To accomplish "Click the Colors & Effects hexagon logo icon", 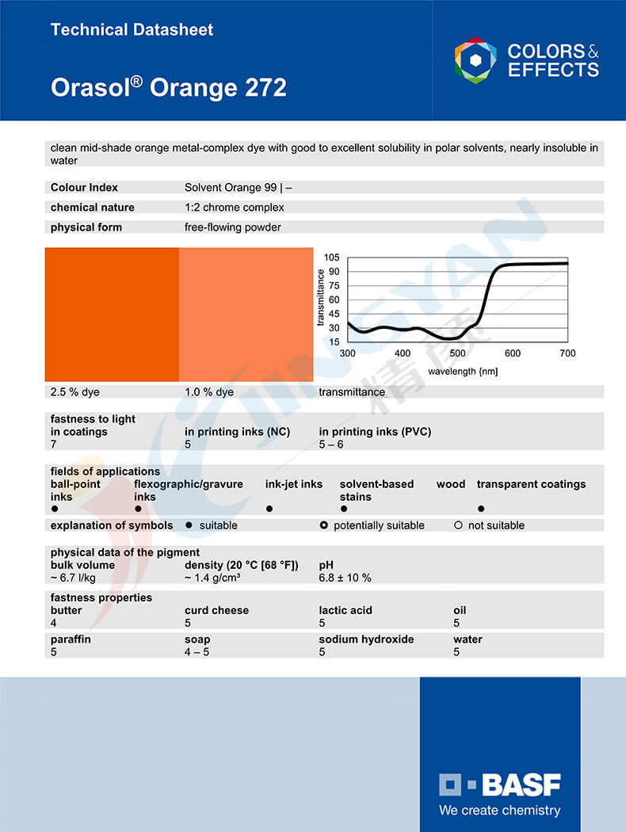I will click(x=475, y=60).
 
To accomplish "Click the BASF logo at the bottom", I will click(x=500, y=784).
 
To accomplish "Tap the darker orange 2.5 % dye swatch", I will click(x=112, y=315).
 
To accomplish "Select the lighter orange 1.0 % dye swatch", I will click(x=246, y=315).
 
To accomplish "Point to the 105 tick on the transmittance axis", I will click(x=331, y=258).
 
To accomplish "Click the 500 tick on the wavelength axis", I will click(x=457, y=353).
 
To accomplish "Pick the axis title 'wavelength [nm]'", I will click(x=463, y=371).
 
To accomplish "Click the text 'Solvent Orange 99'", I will click(x=231, y=188).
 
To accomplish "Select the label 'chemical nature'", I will click(x=93, y=208).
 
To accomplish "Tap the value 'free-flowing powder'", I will click(x=232, y=227).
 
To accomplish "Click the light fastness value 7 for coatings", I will click(x=54, y=445).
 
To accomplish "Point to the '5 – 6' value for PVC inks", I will click(x=331, y=445).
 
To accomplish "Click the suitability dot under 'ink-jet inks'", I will click(x=269, y=509).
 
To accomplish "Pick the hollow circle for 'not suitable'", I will click(x=458, y=525).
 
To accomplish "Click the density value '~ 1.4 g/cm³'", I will click(x=212, y=578).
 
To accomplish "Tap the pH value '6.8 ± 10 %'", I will click(x=345, y=578).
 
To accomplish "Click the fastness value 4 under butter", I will click(x=54, y=623).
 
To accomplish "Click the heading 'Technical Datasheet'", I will click(x=132, y=30).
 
